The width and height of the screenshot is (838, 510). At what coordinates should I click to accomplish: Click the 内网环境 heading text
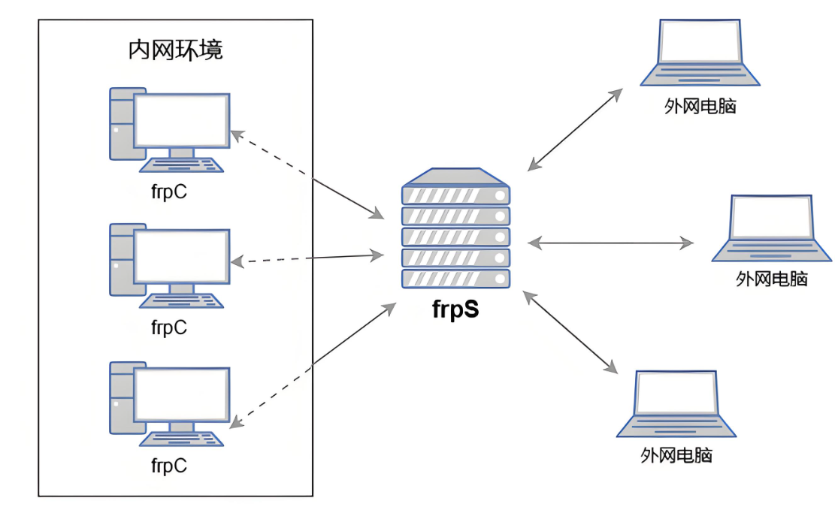[175, 50]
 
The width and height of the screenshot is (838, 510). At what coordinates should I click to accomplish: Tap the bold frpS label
[455, 309]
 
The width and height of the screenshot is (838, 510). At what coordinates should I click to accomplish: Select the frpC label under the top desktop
[169, 192]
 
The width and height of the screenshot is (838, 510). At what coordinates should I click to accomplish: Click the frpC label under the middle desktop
[169, 327]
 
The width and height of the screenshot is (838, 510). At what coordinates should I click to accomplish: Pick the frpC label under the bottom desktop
[169, 465]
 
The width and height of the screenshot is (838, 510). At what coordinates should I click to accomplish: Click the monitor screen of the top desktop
[182, 120]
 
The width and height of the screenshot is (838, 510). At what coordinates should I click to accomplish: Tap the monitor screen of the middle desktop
[182, 256]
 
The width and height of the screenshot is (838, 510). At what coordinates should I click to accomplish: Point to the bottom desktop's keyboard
[181, 439]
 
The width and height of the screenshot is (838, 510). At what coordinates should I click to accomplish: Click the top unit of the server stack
[456, 195]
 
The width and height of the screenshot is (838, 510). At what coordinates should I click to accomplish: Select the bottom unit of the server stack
[456, 279]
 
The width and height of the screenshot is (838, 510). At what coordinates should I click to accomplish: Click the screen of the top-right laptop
[700, 41]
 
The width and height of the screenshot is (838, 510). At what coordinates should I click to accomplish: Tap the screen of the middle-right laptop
[771, 217]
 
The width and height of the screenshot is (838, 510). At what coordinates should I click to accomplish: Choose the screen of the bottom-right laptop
[676, 393]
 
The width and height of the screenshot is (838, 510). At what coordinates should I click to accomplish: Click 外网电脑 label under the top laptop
[700, 106]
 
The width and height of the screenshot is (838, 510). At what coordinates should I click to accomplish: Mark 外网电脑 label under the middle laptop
[771, 279]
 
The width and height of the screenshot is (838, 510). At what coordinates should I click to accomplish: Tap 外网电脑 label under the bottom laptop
[676, 455]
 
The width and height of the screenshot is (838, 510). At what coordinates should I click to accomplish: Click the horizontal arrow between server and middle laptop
[610, 243]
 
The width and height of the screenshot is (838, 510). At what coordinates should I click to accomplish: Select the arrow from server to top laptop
[575, 130]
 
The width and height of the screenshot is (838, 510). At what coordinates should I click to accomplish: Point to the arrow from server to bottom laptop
[570, 332]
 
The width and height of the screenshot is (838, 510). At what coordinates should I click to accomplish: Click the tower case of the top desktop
[122, 124]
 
